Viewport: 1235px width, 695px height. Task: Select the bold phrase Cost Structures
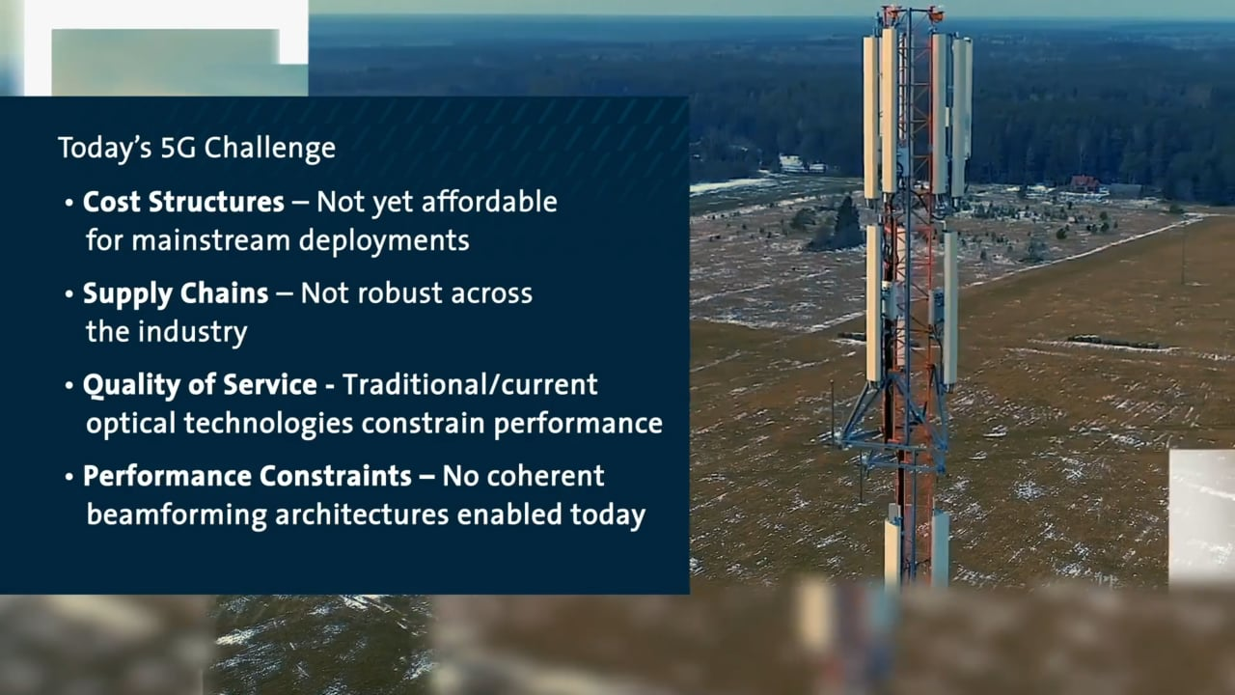[x=183, y=202]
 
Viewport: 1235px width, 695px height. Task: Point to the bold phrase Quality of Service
[x=200, y=384]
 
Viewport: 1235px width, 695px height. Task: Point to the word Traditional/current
[x=470, y=384]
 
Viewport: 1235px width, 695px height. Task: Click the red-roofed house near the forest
[x=1084, y=181]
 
